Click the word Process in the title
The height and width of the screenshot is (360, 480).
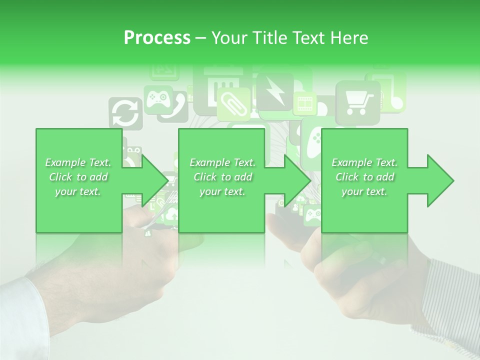pos(157,37)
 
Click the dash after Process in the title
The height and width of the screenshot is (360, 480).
pos(200,38)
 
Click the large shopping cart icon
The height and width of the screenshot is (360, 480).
pos(357,102)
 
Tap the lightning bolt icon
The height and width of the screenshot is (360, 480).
pos(275,91)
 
